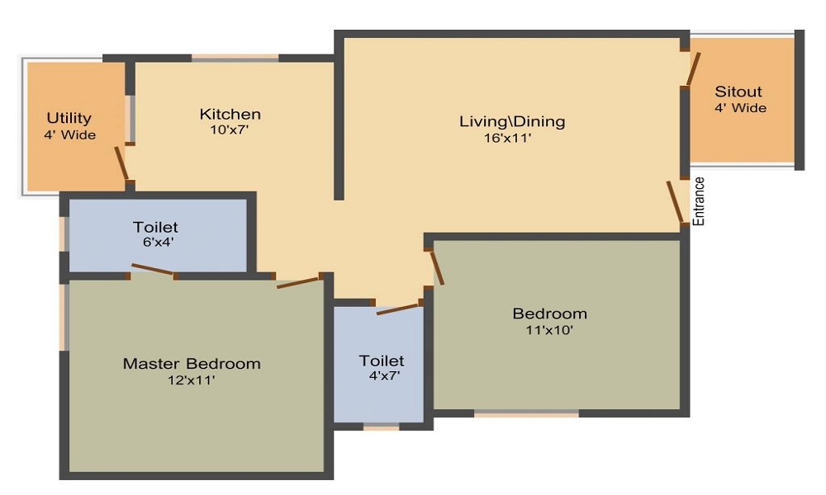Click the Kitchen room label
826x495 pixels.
[230, 114]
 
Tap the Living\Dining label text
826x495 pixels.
[512, 121]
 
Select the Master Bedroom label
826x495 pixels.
[192, 363]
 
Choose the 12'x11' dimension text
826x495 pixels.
[192, 380]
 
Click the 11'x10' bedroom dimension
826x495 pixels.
[549, 330]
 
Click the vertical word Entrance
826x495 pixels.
[699, 201]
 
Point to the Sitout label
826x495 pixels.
[738, 92]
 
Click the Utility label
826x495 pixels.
[69, 118]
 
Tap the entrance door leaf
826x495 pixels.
[675, 201]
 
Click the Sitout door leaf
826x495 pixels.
[694, 69]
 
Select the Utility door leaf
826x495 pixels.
[121, 163]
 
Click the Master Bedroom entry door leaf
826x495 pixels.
[298, 282]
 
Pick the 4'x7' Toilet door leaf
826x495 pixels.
[398, 309]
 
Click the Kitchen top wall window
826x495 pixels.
[235, 58]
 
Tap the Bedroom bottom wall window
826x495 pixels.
[526, 413]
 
